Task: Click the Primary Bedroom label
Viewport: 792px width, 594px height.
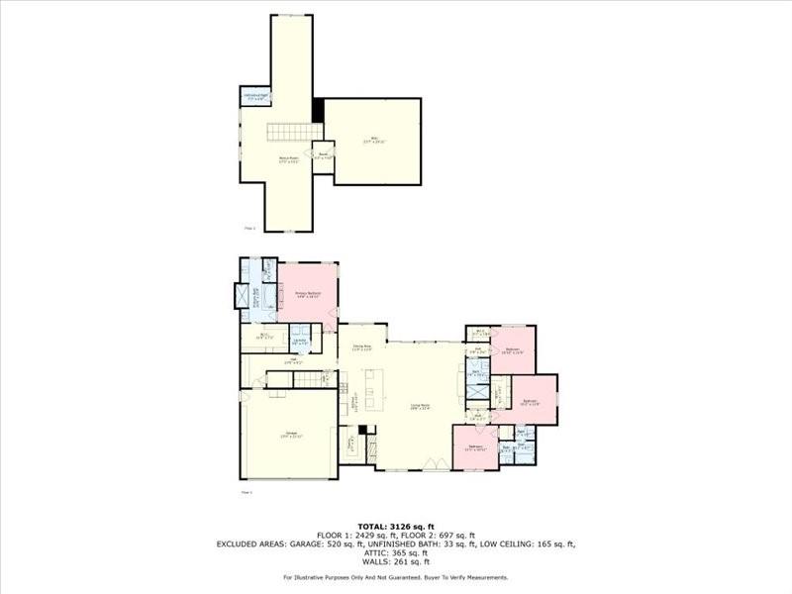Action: point(308,294)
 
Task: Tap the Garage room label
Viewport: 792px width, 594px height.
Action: point(292,435)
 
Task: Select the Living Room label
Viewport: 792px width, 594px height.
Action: point(420,405)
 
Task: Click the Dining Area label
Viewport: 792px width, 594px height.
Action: point(362,347)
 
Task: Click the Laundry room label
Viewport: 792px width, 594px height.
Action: point(300,342)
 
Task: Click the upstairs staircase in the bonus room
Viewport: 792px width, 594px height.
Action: point(287,132)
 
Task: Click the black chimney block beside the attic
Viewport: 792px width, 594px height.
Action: point(318,110)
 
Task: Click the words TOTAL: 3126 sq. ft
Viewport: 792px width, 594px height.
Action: point(396,526)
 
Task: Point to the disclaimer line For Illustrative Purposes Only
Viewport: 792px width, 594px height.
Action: point(396,577)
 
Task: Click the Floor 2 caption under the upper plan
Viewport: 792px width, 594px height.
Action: point(249,228)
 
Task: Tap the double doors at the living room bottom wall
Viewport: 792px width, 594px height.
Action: point(429,466)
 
